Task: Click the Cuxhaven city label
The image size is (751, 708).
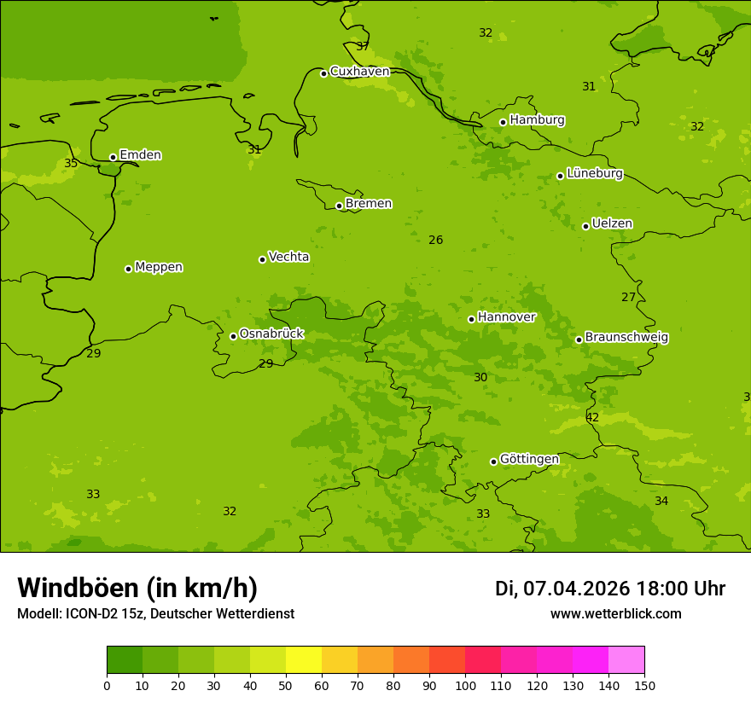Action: pyautogui.click(x=359, y=72)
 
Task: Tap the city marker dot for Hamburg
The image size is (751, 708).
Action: pyautogui.click(x=503, y=122)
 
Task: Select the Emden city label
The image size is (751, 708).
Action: pyautogui.click(x=140, y=155)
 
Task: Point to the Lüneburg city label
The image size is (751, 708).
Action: pyautogui.click(x=594, y=174)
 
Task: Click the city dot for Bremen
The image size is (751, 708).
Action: pyautogui.click(x=339, y=206)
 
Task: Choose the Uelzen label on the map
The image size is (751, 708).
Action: pyautogui.click(x=612, y=224)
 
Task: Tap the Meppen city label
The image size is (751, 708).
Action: pyautogui.click(x=159, y=267)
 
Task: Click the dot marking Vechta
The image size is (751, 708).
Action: pyautogui.click(x=262, y=259)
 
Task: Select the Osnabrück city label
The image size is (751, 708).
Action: pyautogui.click(x=271, y=334)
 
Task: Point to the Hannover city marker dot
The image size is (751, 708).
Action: pyautogui.click(x=471, y=319)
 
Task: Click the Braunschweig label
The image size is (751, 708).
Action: pyautogui.click(x=626, y=338)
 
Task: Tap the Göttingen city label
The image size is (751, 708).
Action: pyautogui.click(x=529, y=460)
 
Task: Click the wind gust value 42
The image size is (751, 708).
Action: pyautogui.click(x=592, y=418)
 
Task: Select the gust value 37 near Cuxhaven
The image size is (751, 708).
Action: pyautogui.click(x=363, y=46)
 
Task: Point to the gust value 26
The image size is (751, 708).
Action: pyautogui.click(x=435, y=241)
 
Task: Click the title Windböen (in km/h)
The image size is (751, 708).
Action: pyautogui.click(x=137, y=589)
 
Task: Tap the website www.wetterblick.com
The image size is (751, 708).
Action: pyautogui.click(x=615, y=614)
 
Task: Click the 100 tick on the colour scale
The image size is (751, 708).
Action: pyautogui.click(x=465, y=685)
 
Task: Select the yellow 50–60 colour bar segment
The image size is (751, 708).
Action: pyautogui.click(x=304, y=660)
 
